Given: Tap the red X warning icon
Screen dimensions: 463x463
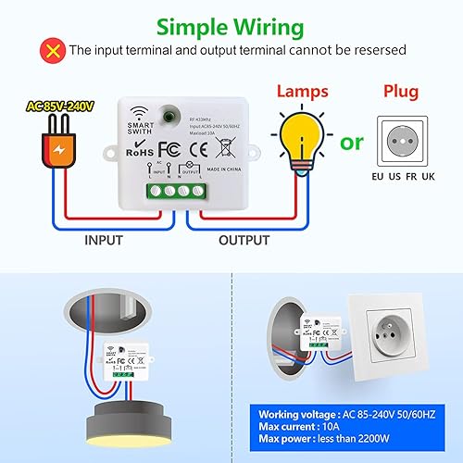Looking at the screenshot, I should tap(53, 50).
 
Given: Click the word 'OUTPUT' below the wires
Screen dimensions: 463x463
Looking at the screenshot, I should tap(244, 239).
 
